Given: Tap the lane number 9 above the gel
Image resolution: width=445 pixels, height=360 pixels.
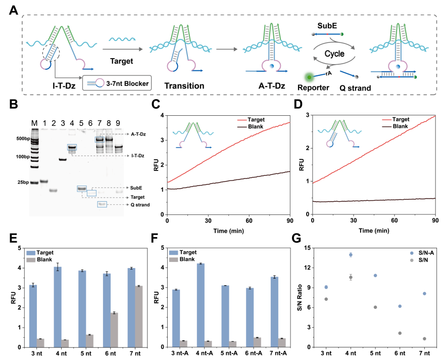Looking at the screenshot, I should click(118, 123).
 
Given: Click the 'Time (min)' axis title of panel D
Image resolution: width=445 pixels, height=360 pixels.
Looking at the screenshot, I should click(373, 231).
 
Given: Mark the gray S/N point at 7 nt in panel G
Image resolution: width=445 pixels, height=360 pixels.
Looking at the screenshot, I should click(425, 339).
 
